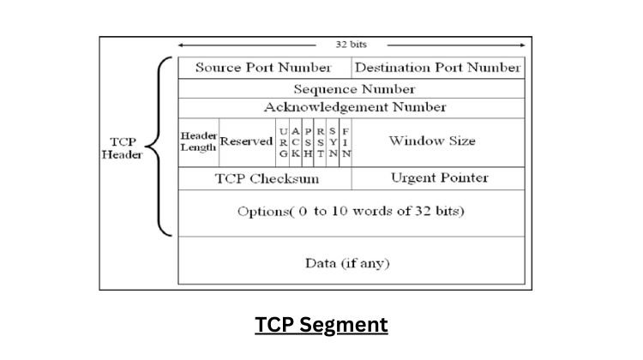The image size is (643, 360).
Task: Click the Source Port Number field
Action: [x=263, y=67]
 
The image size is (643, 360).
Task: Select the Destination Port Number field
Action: [x=437, y=67]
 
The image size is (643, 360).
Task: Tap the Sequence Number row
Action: [x=353, y=88]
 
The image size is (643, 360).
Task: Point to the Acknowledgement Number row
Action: [x=353, y=107]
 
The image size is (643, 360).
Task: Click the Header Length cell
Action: [x=198, y=141]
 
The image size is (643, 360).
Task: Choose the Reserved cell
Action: [x=245, y=141]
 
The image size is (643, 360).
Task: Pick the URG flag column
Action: [x=283, y=141]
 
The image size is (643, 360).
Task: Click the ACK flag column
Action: [x=296, y=141]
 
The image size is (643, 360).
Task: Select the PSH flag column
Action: [x=308, y=141]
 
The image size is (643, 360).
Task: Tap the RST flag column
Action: [x=321, y=141]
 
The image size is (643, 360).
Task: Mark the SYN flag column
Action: [x=333, y=141]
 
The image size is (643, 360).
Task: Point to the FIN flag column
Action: [x=346, y=141]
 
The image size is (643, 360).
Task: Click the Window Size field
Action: [x=438, y=141]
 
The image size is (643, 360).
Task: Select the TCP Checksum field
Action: [x=266, y=178]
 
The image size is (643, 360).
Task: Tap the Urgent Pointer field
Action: [x=438, y=177]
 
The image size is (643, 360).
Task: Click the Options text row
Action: [x=352, y=212]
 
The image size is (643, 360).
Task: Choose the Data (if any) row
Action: [x=352, y=263]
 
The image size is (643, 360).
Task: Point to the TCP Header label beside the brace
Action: [x=123, y=147]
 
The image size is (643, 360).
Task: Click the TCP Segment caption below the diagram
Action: [x=321, y=326]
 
